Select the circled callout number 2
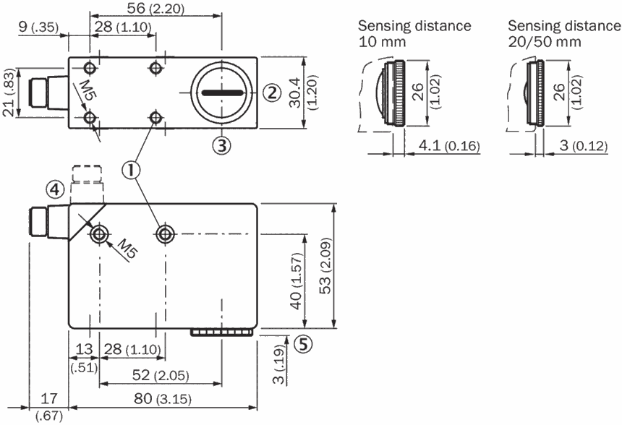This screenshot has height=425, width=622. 272,93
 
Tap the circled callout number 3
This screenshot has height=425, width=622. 221,145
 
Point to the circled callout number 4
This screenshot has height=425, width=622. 55,189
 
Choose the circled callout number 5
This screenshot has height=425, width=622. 303,344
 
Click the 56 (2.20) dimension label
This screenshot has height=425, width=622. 155,9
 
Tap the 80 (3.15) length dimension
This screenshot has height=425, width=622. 163,398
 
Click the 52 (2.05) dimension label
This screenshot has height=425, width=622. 161,374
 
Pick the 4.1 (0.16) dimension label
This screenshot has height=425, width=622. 449,145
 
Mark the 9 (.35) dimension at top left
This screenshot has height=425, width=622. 38,27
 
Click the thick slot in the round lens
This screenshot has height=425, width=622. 223,93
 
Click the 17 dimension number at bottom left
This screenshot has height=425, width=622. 48,398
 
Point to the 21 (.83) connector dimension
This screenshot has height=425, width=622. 9,93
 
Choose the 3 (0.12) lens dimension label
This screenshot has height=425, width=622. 584,145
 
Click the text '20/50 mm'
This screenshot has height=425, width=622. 545,42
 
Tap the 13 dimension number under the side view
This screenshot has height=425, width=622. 84,349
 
